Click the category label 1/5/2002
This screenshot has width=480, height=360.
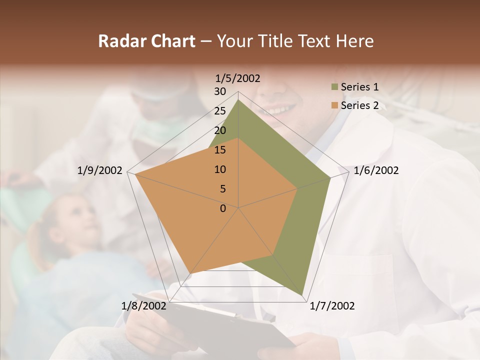[x=238, y=78]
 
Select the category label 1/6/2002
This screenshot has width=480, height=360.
[x=376, y=171]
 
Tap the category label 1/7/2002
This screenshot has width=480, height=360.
[x=332, y=306]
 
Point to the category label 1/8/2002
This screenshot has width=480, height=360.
[x=144, y=306]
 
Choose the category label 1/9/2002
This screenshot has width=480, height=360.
[x=100, y=171]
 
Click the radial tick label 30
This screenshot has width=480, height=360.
[x=220, y=91]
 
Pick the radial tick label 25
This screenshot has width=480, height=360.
[x=220, y=111]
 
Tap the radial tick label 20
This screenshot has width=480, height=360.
[x=220, y=130]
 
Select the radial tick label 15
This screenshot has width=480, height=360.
[x=220, y=150]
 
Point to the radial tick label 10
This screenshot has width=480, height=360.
[x=220, y=169]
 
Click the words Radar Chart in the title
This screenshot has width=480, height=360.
[x=146, y=41]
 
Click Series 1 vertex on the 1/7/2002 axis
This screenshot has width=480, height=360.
[x=302, y=295]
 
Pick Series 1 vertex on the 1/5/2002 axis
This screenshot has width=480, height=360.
[x=238, y=100]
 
